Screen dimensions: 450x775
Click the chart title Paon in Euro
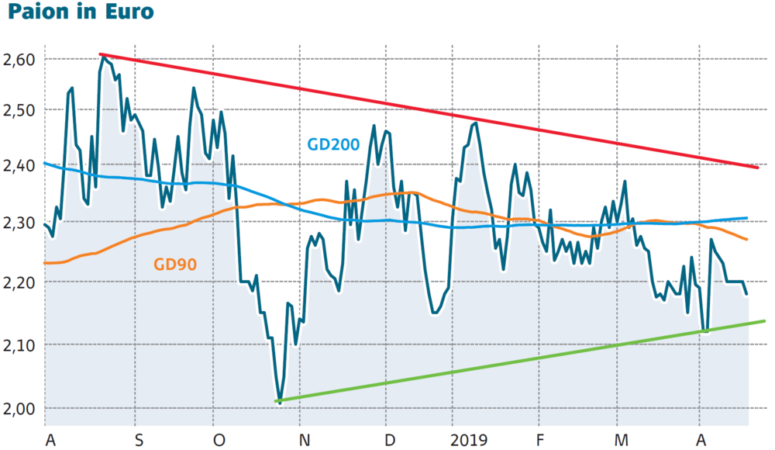coord(77,13)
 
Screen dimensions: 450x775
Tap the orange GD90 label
coord(175,265)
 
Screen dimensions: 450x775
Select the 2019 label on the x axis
coord(468,440)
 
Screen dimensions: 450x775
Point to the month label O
coord(219,440)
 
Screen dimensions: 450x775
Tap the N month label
coord(305,440)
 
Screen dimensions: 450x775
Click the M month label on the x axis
coord(620,440)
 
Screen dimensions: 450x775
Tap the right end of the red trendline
coord(757,167)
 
